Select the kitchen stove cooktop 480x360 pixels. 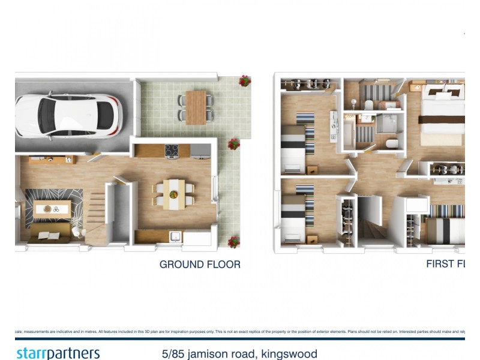[172, 151]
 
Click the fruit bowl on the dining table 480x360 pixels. [173, 194]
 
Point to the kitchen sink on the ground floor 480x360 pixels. [175, 236]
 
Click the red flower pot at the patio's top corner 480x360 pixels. [245, 81]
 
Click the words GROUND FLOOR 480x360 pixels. [200, 264]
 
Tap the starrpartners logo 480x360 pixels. [58, 353]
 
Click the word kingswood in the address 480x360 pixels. [289, 353]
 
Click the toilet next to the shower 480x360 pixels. [392, 143]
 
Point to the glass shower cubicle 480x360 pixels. [387, 124]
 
